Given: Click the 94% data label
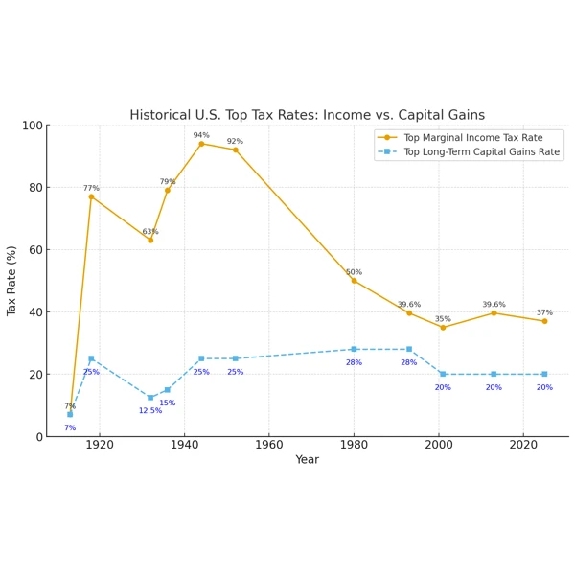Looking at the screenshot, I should coord(201,135).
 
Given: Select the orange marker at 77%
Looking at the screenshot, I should coord(91,196).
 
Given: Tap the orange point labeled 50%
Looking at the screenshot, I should coord(354,281).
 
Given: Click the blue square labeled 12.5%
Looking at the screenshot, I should coord(150,398).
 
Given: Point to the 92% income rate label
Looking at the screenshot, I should coord(235,141).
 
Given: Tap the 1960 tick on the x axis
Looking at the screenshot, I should coord(269,445).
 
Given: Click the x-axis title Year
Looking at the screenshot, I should coord(307,460).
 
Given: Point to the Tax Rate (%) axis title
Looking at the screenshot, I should coord(12,281).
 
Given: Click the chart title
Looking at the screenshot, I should coord(307,115).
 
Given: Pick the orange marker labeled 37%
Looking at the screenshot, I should coord(544,321).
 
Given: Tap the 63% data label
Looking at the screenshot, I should coord(150,232).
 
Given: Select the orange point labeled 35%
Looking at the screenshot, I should coord(443,328).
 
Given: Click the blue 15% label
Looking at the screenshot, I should coord(168,402).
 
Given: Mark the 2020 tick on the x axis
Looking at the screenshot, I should coord(523,445).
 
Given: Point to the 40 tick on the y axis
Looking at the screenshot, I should coord(35,312).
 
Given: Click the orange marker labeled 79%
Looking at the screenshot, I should coord(168,190).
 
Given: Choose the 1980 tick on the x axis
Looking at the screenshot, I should coord(354,445).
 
